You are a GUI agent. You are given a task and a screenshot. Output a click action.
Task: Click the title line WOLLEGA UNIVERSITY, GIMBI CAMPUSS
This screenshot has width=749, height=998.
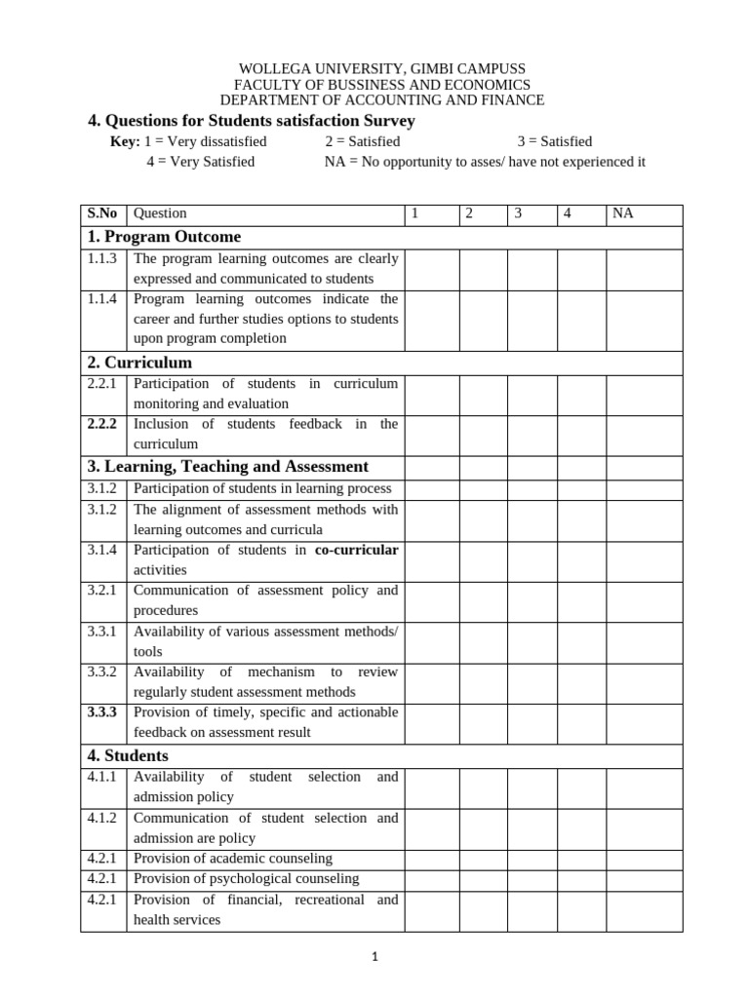(382, 68)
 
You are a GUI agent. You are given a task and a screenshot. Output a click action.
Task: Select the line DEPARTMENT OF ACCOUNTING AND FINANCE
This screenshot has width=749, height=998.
(382, 100)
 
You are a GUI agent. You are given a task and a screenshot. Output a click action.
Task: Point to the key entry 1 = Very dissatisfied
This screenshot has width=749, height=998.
(205, 141)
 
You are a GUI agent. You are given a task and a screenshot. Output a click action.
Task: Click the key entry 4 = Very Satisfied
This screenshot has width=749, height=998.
(200, 162)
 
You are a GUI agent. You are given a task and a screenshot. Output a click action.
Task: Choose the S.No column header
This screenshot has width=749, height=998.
(102, 213)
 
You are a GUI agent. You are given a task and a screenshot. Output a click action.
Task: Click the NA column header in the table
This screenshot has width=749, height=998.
(622, 213)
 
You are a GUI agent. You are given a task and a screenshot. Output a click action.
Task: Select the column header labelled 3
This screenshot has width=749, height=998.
(519, 213)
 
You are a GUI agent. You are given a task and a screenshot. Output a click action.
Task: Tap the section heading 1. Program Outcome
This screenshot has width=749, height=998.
(164, 237)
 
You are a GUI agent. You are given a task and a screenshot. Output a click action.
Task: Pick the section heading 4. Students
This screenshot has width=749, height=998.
(128, 755)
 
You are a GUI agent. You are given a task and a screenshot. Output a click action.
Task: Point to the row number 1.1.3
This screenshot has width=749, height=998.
(101, 259)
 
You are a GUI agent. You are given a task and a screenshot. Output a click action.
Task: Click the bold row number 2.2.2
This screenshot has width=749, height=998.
(101, 424)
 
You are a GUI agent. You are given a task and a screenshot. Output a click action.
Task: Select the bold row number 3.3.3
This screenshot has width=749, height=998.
(101, 712)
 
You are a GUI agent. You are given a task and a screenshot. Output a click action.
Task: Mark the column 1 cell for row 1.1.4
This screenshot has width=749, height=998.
(431, 319)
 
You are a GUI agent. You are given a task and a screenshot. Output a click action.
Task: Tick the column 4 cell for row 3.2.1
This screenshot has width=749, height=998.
(581, 600)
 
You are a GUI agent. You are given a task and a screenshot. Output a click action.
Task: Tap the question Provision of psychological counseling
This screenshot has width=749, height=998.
(246, 878)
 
